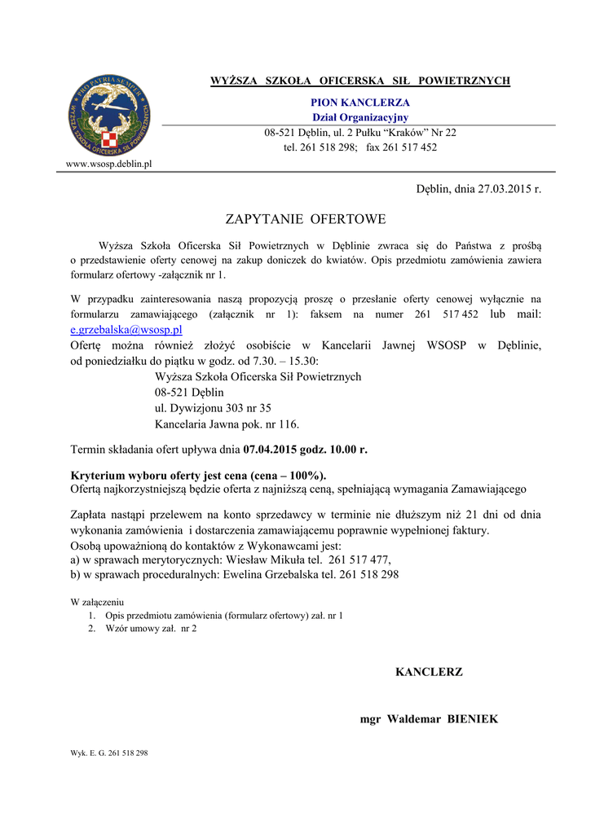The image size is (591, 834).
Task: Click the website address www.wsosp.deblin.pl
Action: click(108, 164)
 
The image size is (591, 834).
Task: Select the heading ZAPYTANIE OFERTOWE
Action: click(305, 219)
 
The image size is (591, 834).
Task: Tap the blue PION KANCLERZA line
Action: click(360, 103)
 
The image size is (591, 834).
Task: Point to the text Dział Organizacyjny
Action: click(360, 117)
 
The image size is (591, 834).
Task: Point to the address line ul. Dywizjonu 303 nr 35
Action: click(213, 408)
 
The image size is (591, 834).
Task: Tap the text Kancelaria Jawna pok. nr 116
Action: click(227, 424)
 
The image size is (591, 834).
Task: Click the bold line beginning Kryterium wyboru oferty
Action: click(199, 476)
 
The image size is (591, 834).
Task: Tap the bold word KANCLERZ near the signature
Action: click(429, 672)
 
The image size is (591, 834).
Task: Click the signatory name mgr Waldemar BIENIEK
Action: click(429, 719)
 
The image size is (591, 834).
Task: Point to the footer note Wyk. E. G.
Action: click(109, 753)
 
